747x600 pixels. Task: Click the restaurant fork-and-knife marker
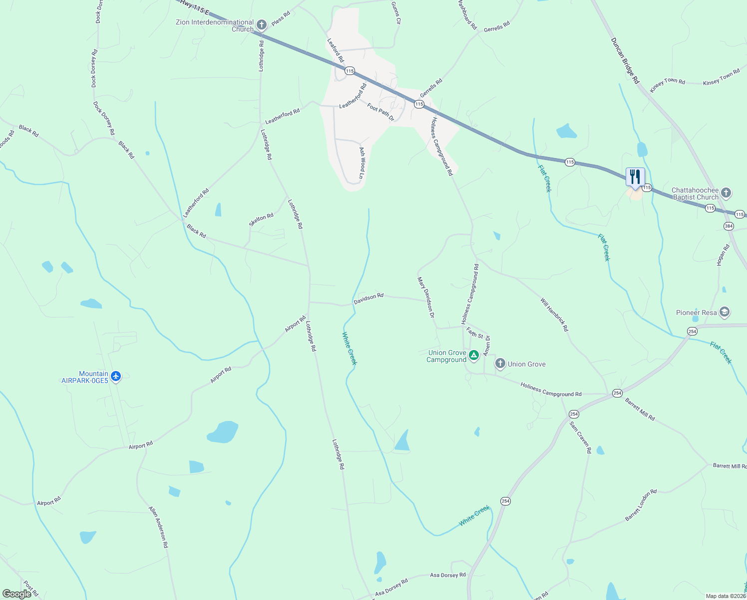635,177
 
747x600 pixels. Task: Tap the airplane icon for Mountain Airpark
116,376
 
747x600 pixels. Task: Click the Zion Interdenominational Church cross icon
261,25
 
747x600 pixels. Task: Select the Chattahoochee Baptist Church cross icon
726,192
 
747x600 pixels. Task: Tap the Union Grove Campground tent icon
474,355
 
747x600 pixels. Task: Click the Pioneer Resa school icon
725,312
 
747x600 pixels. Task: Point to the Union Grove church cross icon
500,364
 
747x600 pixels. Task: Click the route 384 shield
729,226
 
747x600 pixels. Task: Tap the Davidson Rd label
369,298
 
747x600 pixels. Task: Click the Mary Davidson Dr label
426,298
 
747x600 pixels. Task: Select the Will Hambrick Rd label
554,315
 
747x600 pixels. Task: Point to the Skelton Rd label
261,219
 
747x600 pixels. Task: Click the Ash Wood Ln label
363,163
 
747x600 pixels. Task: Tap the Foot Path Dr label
380,112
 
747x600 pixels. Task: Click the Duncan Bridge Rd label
625,60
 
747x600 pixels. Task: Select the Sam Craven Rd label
581,437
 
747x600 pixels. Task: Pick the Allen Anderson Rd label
158,527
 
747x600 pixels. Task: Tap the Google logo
17,594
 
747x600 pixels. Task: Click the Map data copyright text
726,596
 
